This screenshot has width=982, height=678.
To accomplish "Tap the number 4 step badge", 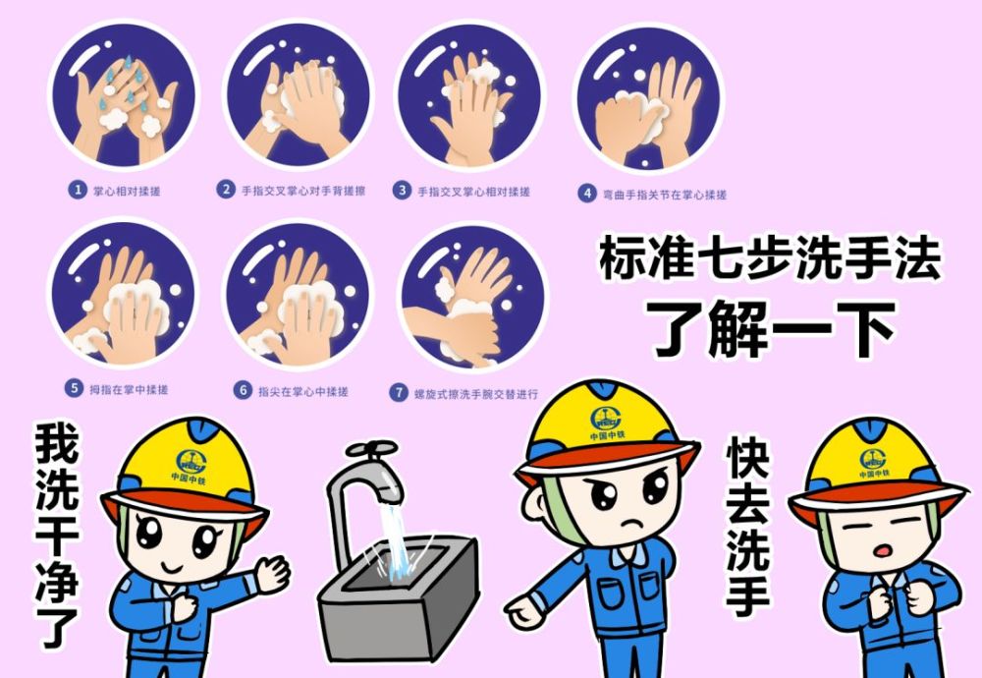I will [x=586, y=194].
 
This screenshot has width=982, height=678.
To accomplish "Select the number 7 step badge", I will [x=399, y=392].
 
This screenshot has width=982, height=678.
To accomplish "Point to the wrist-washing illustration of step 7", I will [x=471, y=295].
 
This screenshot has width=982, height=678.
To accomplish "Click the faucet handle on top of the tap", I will [x=371, y=451].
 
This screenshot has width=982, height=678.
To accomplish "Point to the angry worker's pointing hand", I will [x=523, y=611].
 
